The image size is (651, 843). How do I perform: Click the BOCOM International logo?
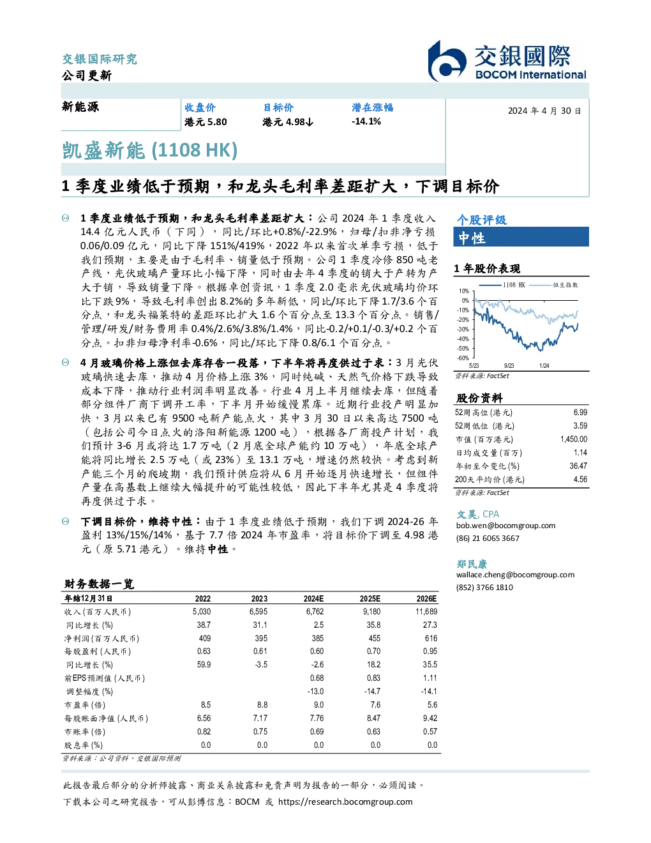[507, 61]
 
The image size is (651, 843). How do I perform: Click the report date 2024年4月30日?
[544, 111]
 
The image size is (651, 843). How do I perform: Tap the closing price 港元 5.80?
[206, 122]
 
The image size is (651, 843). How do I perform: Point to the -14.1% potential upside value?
[366, 121]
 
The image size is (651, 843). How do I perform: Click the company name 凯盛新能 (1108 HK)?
[149, 151]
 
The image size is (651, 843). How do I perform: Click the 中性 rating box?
[521, 237]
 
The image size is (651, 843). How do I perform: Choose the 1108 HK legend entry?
[502, 285]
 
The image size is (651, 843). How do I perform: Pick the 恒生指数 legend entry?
[554, 285]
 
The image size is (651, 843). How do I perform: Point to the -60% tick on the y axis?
[463, 358]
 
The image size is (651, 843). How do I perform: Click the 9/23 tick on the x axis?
[509, 366]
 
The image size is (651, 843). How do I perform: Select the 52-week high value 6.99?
[580, 413]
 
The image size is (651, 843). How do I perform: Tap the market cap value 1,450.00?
[574, 439]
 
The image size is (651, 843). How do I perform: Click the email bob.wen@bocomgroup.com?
[505, 526]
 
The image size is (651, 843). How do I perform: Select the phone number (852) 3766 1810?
[484, 588]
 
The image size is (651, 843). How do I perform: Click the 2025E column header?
[370, 598]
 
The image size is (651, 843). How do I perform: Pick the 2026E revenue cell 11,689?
[426, 612]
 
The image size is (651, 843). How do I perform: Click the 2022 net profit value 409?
[205, 639]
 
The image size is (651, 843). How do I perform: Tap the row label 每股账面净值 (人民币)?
[106, 718]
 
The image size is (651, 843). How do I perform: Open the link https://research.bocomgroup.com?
[345, 802]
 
